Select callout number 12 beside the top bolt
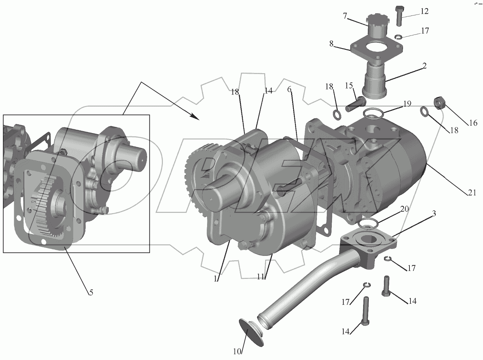(424, 11)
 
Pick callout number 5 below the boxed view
(91, 292)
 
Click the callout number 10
(237, 352)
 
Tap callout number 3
(434, 213)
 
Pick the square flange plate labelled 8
(376, 49)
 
